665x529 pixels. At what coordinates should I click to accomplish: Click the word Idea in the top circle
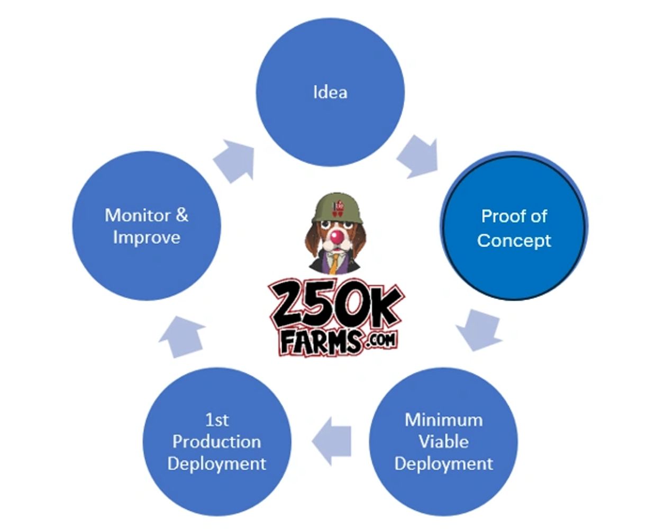[330, 93]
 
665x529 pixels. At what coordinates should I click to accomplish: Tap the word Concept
[514, 240]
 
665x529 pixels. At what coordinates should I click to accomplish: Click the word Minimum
[443, 420]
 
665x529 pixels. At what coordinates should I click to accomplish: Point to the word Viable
[443, 442]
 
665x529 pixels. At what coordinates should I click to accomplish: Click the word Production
[216, 442]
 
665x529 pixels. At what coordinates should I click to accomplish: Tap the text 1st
[217, 420]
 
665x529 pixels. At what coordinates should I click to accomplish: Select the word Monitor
[138, 215]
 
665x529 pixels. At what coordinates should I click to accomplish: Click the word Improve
[147, 238]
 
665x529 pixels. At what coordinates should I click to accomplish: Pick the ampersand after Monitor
[181, 215]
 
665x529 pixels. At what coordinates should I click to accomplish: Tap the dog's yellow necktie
[334, 261]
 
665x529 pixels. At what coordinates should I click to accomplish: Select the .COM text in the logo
[380, 339]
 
